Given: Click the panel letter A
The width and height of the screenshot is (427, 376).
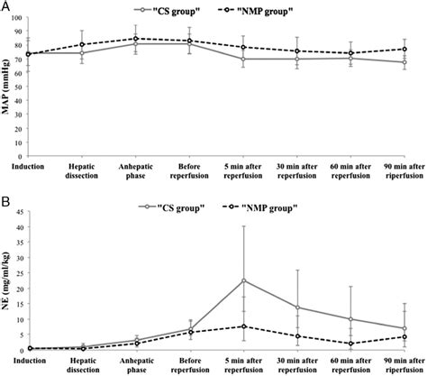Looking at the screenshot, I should coord(6,7).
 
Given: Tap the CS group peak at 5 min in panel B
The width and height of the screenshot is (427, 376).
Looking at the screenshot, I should coord(244,280).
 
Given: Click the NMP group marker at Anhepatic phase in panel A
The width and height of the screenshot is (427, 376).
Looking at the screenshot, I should coord(136,39).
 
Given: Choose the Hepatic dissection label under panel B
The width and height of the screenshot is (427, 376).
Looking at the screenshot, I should coord(83,362).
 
